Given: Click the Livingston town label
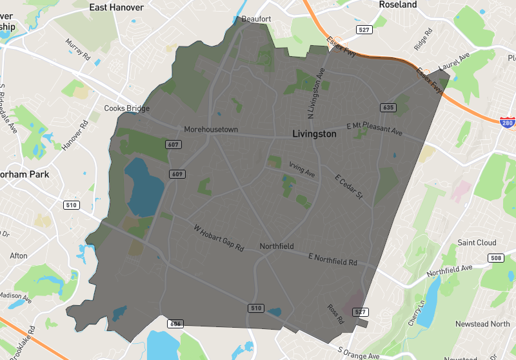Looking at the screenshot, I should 314,134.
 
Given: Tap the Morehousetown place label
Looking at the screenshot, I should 211,130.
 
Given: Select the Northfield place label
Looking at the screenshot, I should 277,246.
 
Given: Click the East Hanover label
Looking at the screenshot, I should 117,7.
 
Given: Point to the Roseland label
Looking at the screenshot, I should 398,5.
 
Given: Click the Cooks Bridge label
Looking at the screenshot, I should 127,108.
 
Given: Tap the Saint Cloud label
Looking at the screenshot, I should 477,243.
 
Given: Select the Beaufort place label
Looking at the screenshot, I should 256,19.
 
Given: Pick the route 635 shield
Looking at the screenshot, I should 387,107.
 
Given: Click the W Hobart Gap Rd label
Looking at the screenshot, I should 220,238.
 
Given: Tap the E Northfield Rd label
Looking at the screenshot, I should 332,259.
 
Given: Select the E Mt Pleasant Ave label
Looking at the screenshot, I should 373,128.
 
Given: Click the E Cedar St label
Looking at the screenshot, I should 349,186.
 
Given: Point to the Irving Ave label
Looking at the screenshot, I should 302,169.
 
